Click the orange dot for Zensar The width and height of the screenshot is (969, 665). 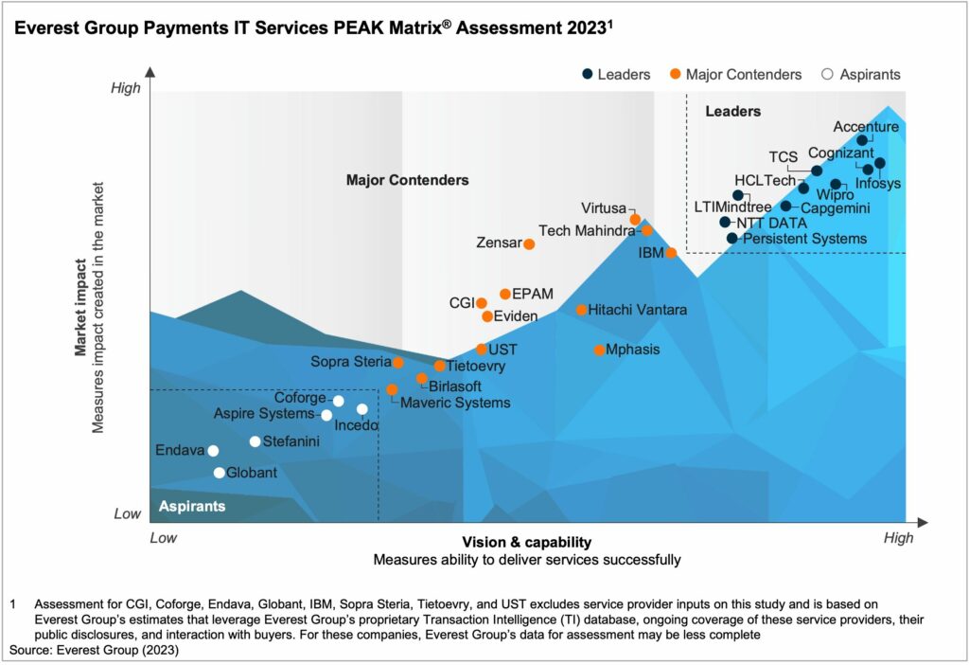pos(529,244)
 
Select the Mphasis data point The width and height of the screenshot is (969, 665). pos(599,350)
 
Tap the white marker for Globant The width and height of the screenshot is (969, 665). pos(220,473)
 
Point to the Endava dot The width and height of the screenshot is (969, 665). pos(213,451)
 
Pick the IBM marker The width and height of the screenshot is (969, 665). pos(671,253)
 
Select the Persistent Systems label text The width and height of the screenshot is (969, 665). pos(804,239)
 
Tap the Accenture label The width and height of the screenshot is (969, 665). pos(866,127)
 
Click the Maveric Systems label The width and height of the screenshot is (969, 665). pos(455,403)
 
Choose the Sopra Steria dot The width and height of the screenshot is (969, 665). pos(398,363)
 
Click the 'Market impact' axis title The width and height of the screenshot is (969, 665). pos(82,314)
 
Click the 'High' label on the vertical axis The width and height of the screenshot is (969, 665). pos(126,89)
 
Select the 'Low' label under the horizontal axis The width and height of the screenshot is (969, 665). pos(164,538)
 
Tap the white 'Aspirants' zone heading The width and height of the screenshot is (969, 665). pos(192,507)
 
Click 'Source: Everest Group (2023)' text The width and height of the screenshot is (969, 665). pos(94,651)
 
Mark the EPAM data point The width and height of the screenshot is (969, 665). pos(505,295)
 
